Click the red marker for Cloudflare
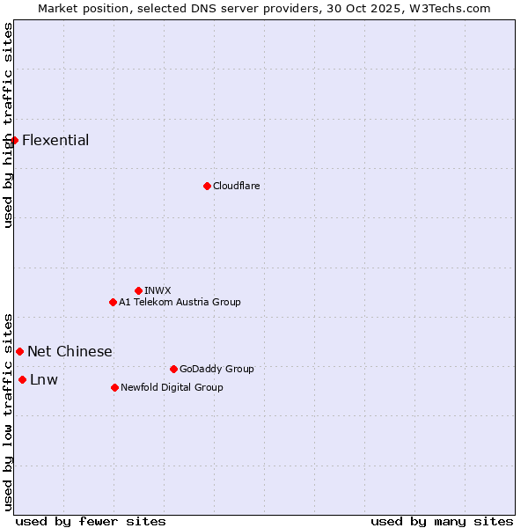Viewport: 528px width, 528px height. [x=207, y=186]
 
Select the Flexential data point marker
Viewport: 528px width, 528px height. [x=14, y=140]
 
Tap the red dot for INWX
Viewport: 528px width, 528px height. [x=138, y=290]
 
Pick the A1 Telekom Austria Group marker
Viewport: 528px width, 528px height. [x=113, y=302]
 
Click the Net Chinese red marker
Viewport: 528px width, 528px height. [x=19, y=351]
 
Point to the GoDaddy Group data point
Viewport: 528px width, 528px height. [x=173, y=369]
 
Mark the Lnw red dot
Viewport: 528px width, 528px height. [x=22, y=379]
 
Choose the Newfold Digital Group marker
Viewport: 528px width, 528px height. [x=114, y=387]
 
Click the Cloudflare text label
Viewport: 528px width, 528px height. [x=236, y=186]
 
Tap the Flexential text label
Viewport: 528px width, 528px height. [x=55, y=140]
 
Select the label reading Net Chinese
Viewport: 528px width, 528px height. [x=70, y=351]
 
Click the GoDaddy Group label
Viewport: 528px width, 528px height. [x=216, y=369]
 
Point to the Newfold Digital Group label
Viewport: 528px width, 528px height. [x=172, y=387]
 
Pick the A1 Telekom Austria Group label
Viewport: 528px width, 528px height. [x=180, y=302]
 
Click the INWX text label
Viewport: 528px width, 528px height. [x=158, y=290]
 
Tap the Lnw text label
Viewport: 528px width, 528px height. [x=44, y=379]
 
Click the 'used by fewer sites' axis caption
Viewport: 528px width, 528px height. [x=91, y=521]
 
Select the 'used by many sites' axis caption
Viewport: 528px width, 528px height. [x=442, y=521]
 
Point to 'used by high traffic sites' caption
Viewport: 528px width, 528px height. [x=8, y=125]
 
